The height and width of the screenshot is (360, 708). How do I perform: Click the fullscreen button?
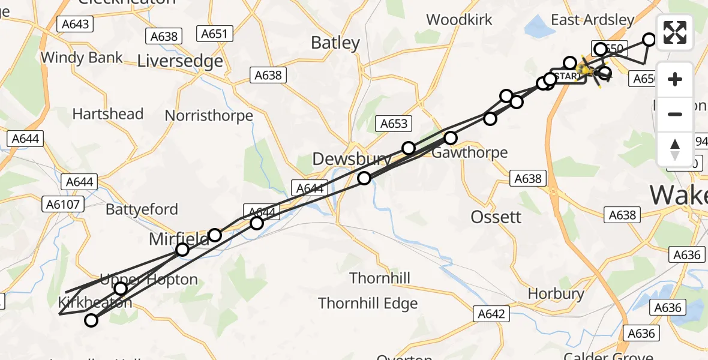[x=675, y=32]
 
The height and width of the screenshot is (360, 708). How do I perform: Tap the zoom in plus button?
[x=675, y=80]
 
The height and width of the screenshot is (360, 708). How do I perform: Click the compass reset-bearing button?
[x=675, y=149]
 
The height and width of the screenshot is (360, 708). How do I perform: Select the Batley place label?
[x=335, y=43]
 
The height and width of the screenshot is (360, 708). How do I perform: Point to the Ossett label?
[x=496, y=217]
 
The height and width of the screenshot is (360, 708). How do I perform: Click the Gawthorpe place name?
[x=470, y=152]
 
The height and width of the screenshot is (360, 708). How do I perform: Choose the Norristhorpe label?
[x=209, y=115]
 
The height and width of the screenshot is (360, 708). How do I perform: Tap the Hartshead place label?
[x=108, y=114]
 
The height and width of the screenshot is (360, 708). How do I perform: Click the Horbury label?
[x=556, y=293]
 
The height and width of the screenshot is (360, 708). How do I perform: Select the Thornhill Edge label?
[x=368, y=304]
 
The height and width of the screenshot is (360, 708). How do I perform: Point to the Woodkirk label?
[x=459, y=20]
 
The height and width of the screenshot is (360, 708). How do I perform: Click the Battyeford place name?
[x=142, y=209]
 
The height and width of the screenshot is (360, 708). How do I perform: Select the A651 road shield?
[x=214, y=34]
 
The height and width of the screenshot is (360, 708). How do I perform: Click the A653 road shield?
[x=394, y=124]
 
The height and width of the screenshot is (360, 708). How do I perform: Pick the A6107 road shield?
[x=63, y=205]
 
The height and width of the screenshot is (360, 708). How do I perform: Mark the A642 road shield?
[x=491, y=314]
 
